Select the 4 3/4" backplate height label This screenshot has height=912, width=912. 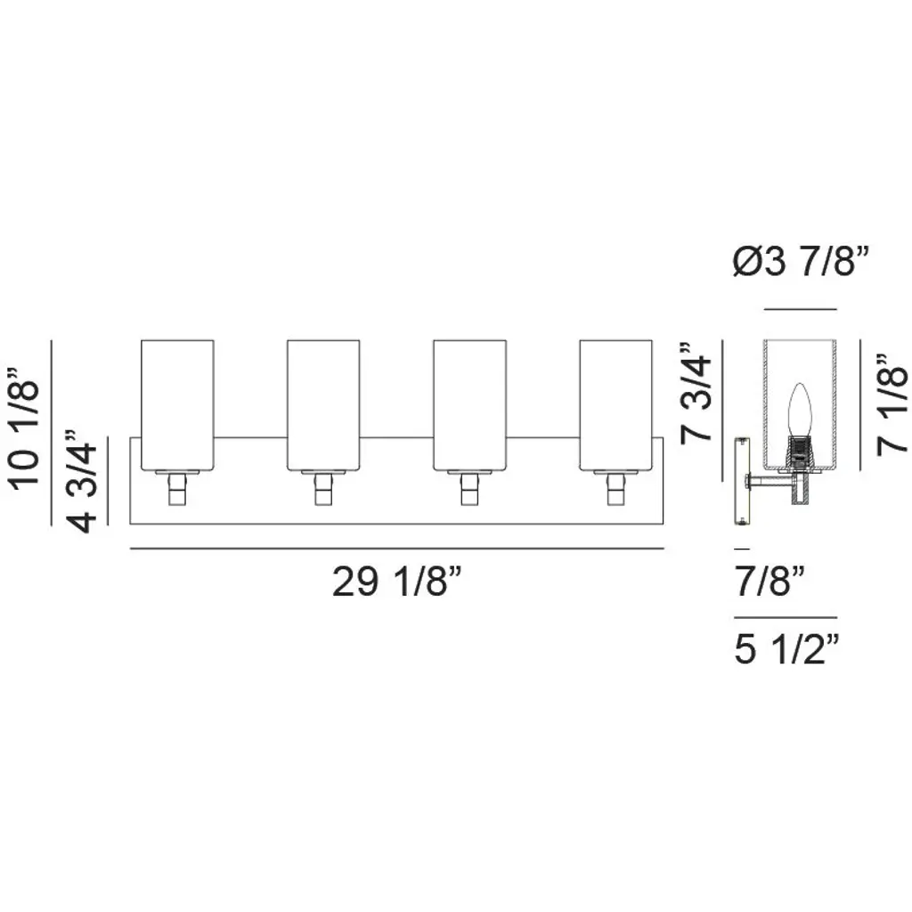tap(82, 481)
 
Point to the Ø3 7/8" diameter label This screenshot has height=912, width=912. tap(801, 262)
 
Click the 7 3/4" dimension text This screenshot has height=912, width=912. tap(696, 393)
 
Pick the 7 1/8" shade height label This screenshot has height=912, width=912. tap(892, 403)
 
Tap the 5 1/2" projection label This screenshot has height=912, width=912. tap(787, 648)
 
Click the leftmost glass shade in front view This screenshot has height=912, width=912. tap(177, 405)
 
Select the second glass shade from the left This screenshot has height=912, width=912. tap(323, 405)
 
